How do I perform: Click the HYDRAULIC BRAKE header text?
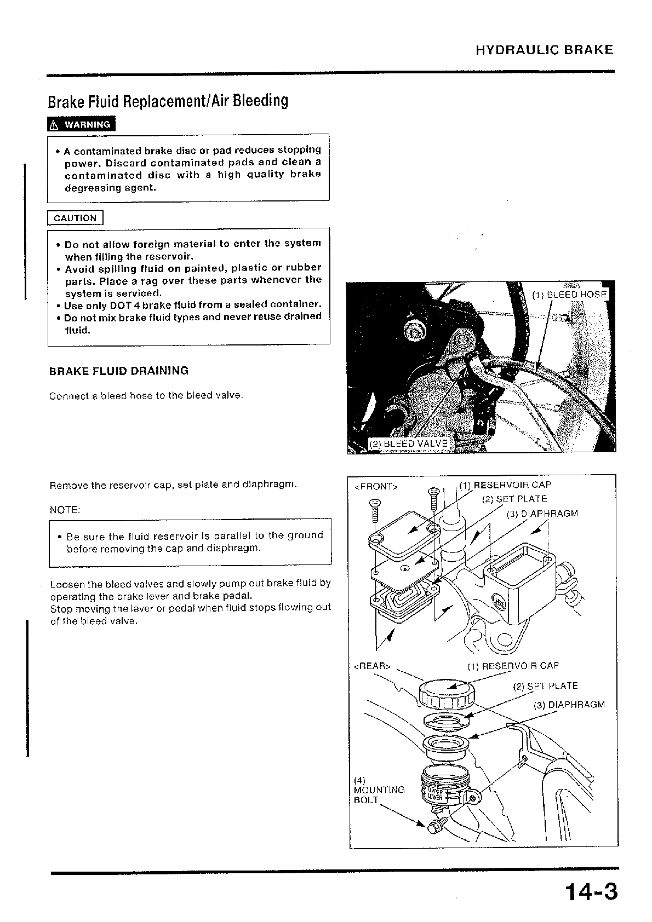[x=544, y=50]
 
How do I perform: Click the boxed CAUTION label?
[x=75, y=218]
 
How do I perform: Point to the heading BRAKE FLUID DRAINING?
[x=119, y=371]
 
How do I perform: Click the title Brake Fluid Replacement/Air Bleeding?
[x=168, y=101]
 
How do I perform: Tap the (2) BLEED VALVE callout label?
[x=408, y=443]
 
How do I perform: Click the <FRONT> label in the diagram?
[x=376, y=487]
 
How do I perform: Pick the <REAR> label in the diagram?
[x=373, y=666]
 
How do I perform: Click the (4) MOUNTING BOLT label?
[x=379, y=790]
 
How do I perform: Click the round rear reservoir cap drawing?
[x=446, y=693]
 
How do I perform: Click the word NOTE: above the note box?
[x=65, y=510]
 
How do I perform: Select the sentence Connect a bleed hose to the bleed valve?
[x=146, y=395]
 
